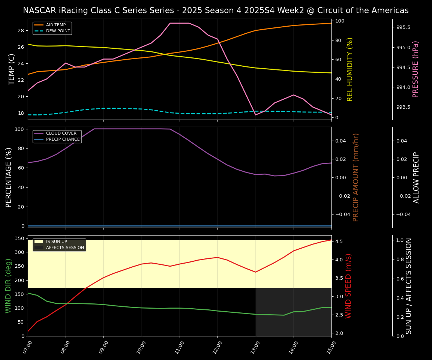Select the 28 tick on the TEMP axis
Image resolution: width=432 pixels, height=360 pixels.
pyautogui.click(x=21, y=31)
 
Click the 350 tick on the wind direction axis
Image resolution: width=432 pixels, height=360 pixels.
pyautogui.click(x=19, y=238)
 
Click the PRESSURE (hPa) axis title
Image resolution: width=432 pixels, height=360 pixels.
pyautogui.click(x=415, y=69)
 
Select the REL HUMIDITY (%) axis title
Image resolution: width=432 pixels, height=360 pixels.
pyautogui.click(x=350, y=69)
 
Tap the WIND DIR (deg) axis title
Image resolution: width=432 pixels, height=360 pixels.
pyautogui.click(x=8, y=286)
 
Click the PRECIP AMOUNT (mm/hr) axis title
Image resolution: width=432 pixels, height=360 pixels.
pyautogui.click(x=356, y=177)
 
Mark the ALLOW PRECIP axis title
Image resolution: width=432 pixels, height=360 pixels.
pyautogui.click(x=416, y=177)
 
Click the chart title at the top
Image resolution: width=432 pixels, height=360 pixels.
pyautogui.click(x=216, y=10)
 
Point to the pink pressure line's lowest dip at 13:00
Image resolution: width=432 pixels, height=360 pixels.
pyautogui.click(x=256, y=114)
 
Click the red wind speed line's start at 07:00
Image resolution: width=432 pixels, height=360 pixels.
pyautogui.click(x=28, y=331)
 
